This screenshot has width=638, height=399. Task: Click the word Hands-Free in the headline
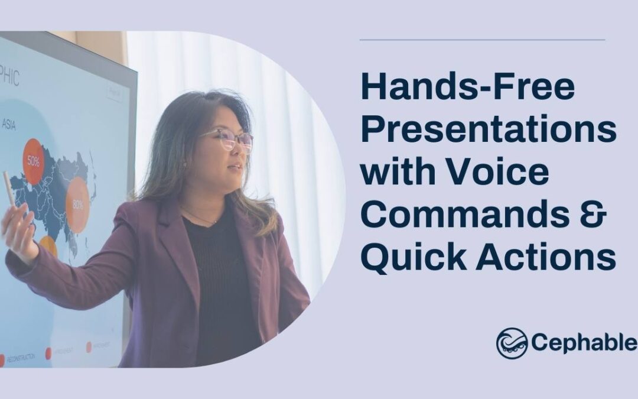pyautogui.click(x=467, y=88)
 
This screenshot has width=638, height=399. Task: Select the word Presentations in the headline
pyautogui.click(x=488, y=131)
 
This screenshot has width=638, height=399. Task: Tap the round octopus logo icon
pyautogui.click(x=512, y=343)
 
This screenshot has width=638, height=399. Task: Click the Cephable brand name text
pyautogui.click(x=584, y=343)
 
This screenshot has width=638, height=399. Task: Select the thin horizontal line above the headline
pyautogui.click(x=482, y=40)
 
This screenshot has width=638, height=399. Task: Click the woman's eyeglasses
pyautogui.click(x=227, y=139)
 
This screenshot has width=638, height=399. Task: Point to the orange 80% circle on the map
pyautogui.click(x=77, y=205)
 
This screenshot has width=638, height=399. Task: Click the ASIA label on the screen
pyautogui.click(x=9, y=125)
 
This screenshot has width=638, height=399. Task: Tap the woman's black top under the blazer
pyautogui.click(x=222, y=284)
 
